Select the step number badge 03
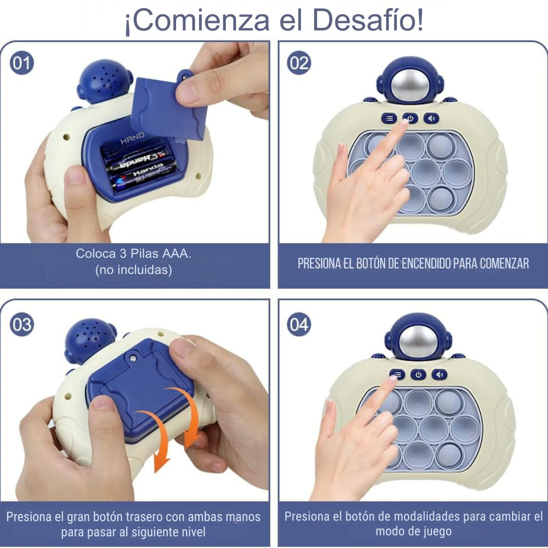22,325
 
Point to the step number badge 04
298,325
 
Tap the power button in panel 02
410,118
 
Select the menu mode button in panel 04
397,375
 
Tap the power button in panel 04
418,375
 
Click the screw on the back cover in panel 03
132,358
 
